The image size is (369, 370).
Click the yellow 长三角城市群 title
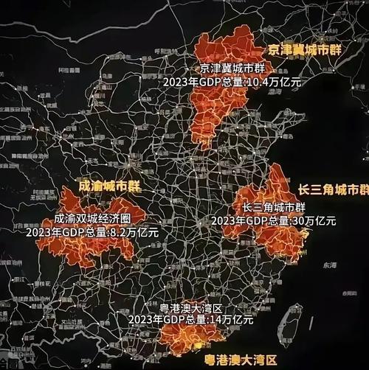(x=333, y=189)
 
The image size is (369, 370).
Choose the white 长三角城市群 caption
(x=273, y=207)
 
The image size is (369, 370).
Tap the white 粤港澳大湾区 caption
(x=190, y=307)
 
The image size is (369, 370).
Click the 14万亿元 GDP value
(x=229, y=320)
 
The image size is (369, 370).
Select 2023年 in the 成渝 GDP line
(x=40, y=232)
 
